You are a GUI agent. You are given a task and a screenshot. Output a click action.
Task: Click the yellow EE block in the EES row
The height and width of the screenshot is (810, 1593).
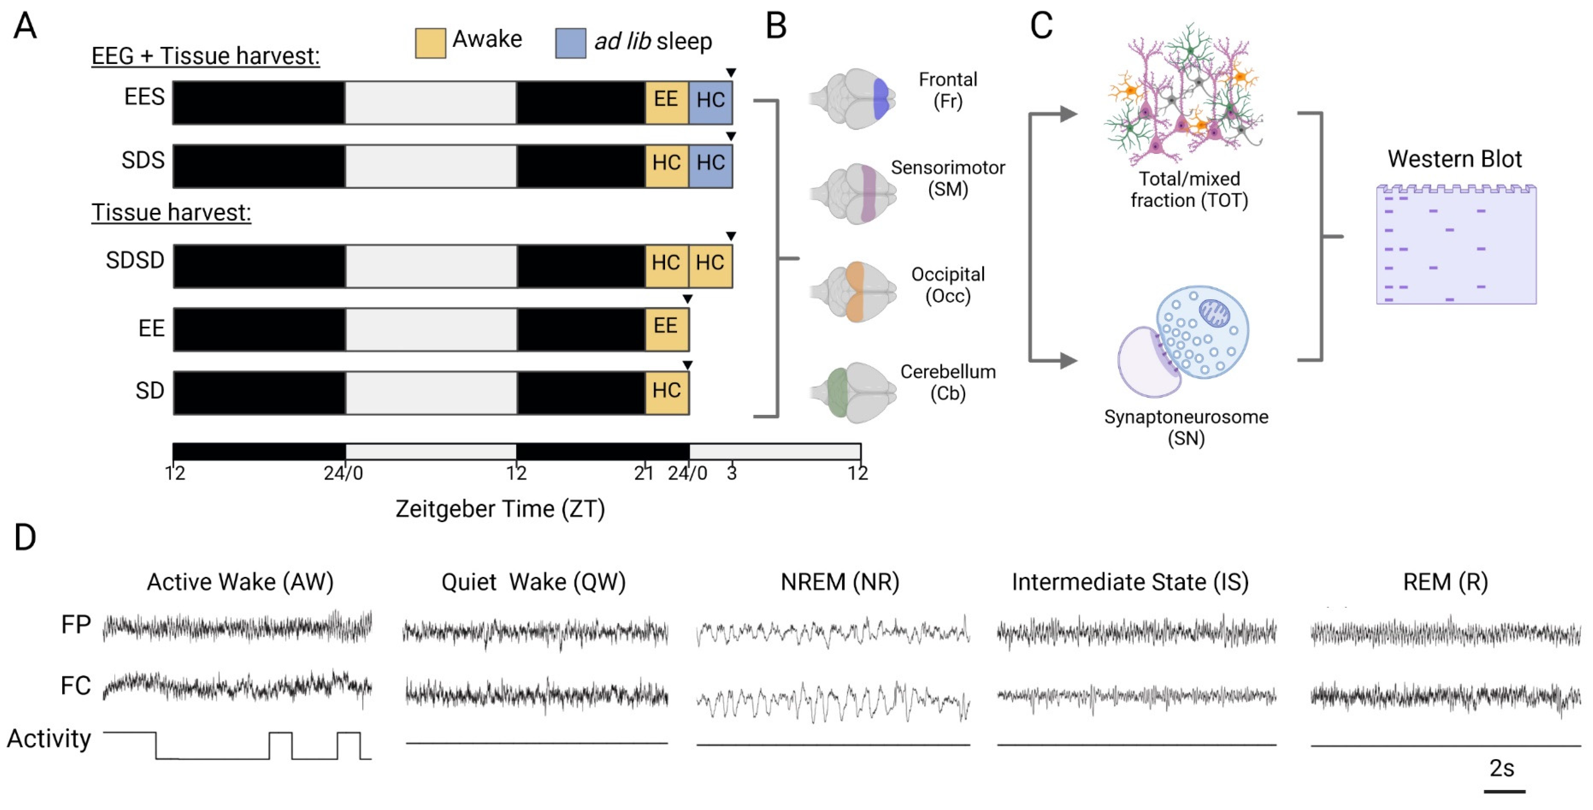tap(666, 102)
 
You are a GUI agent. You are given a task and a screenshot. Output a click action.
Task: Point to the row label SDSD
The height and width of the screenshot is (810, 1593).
tap(135, 260)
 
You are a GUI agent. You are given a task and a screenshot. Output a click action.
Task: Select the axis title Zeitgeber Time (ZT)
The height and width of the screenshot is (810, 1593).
tap(500, 509)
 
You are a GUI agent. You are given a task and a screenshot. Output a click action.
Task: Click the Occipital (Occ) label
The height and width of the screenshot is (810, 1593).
tap(947, 285)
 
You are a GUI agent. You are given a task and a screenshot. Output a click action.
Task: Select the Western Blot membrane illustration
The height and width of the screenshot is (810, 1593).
tap(1456, 245)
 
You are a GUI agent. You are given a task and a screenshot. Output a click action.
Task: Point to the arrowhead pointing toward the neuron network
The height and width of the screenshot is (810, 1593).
tap(1068, 114)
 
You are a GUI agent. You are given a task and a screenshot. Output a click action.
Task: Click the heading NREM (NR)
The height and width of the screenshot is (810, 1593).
tap(839, 582)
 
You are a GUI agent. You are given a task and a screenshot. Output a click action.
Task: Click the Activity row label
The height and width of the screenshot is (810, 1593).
tap(49, 738)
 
